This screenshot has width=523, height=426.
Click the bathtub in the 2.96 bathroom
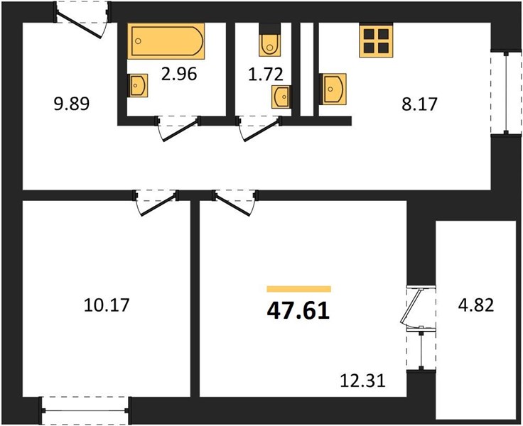click(166, 41)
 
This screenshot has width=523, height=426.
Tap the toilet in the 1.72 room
click(269, 40)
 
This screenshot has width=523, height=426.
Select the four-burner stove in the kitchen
click(376, 40)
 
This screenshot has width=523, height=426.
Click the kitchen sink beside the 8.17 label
click(333, 89)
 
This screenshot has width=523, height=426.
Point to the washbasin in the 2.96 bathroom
click(138, 85)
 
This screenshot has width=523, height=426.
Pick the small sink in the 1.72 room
click(281, 97)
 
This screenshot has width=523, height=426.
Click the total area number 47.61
click(298, 312)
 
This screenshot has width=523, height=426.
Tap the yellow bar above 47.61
click(299, 289)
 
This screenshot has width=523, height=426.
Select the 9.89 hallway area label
click(71, 104)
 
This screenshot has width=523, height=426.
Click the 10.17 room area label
click(107, 305)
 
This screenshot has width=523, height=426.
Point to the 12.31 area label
click(362, 381)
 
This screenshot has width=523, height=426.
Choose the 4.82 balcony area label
click(475, 305)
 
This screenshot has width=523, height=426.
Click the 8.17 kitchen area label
click(419, 104)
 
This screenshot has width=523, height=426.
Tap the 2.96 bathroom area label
click(179, 74)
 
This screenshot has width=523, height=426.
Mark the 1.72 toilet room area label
click(266, 74)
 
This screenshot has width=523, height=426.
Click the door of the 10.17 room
click(156, 202)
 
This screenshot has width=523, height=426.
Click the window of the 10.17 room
click(85, 410)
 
